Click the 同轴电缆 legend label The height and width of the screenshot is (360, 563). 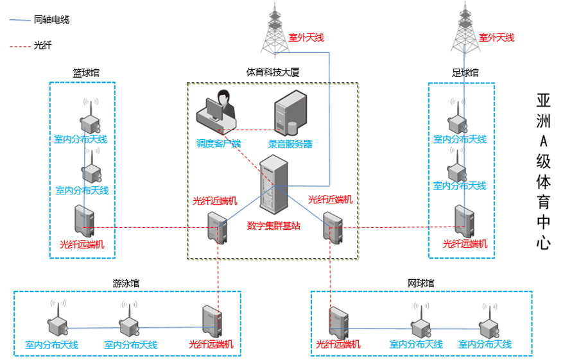pos(51,20)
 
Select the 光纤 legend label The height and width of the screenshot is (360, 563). pos(42,46)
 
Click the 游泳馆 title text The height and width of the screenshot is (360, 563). pos(126,283)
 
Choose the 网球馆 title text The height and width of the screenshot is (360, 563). pos(421,283)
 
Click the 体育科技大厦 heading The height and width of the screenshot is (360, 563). pos(273,73)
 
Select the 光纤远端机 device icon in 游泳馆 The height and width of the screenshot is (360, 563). pos(211,321)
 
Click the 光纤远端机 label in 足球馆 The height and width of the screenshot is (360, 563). pos(465,244)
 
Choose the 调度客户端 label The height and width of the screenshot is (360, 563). pos(218,144)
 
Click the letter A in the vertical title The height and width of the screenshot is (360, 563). pos(543,140)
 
